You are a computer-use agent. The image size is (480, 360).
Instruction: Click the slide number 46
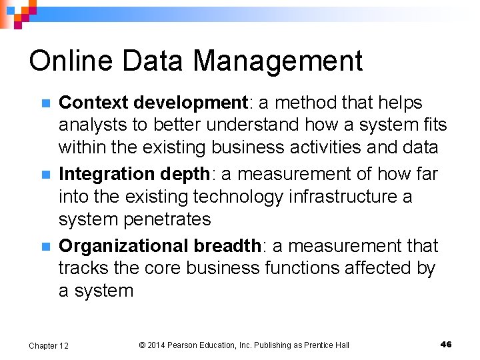coord(446,344)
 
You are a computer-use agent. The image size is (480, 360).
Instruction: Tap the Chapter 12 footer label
coord(48,345)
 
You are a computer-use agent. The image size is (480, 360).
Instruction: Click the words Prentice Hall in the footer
coord(325,345)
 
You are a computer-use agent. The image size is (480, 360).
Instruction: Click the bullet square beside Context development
coord(45,103)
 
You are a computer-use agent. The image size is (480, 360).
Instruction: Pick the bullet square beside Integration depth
coord(45,175)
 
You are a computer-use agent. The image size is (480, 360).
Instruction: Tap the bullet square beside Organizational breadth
coord(45,246)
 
